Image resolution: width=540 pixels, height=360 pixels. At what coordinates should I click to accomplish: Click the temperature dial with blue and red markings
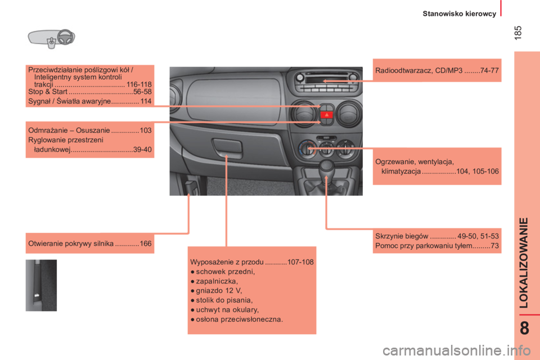click(306, 149)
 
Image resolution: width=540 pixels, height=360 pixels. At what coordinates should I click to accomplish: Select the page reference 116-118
click(139, 84)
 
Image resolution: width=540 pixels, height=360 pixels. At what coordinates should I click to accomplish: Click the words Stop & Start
click(47, 92)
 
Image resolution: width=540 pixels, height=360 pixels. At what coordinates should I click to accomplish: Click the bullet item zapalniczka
click(217, 281)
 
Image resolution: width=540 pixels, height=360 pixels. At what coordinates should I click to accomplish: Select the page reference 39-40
click(142, 149)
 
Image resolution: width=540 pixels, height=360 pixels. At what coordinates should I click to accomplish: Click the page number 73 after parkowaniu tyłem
click(494, 246)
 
